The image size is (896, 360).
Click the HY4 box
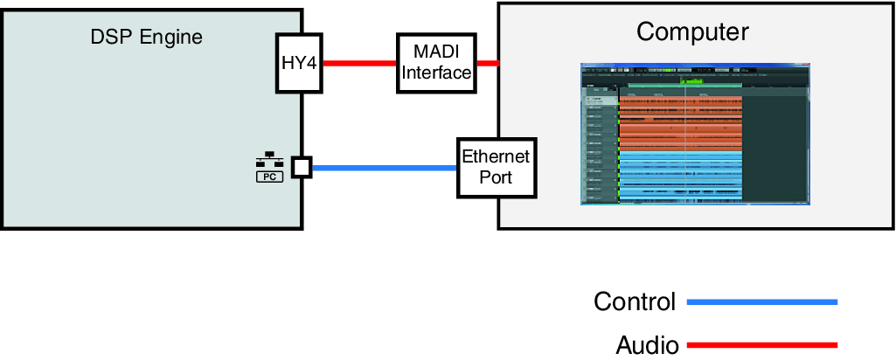pos(299,64)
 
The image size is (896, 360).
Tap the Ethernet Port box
pos(496,167)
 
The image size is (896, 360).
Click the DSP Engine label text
pos(147,37)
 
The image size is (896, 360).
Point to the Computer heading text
pos(692,32)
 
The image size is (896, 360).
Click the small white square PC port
pos(302,166)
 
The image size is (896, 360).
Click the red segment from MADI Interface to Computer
pos(487,64)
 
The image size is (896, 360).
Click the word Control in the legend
pos(635,302)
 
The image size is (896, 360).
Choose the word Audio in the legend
pos(647,344)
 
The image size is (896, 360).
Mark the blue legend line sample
pos(762,302)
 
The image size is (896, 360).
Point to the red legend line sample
pos(762,344)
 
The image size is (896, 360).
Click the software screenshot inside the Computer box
pos(696,134)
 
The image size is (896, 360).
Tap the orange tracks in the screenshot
pos(680,122)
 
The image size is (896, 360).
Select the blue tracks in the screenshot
pos(680,175)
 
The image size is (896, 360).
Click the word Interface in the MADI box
pos(436,73)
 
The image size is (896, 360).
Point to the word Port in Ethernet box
pos(496,177)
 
